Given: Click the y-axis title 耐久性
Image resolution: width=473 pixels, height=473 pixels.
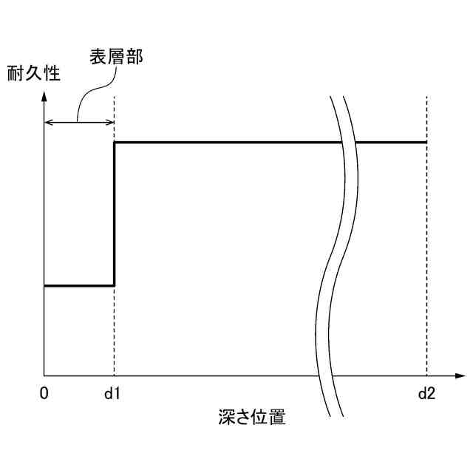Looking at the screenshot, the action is pos(33,73).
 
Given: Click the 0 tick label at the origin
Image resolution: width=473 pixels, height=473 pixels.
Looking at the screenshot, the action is pos(44,393).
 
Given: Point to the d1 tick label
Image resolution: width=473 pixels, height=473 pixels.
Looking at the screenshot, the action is pos(112,393).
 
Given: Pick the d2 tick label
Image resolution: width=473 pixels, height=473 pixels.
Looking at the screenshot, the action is pos(426,393).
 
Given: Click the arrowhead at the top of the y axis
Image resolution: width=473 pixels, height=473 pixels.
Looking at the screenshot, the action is pos(44,95).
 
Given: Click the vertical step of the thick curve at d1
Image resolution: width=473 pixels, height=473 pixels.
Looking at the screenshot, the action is pos(114,214).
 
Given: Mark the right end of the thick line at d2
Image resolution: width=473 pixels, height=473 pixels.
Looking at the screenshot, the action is pos(426,142).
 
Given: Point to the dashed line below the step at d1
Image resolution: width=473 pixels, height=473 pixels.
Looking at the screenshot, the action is pos(114,333).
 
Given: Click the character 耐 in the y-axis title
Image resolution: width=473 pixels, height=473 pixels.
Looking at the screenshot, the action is pos(15,73).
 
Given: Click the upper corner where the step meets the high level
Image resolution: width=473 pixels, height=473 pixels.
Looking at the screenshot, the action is pos(114,142).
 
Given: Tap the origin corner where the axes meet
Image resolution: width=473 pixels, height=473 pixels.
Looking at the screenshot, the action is pos(44,375).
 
